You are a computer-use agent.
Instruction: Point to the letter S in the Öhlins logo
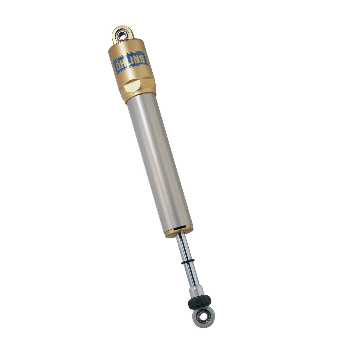pyautogui.click(x=142, y=57)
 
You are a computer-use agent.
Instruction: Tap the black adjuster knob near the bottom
pyautogui.click(x=200, y=302)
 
